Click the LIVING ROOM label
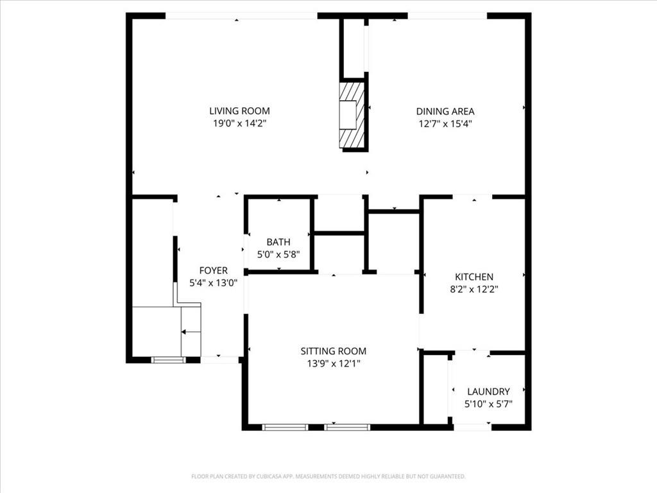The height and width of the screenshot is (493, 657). pyautogui.click(x=239, y=111)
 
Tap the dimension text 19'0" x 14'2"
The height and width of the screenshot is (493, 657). pyautogui.click(x=239, y=124)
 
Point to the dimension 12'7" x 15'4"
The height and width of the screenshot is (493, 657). pyautogui.click(x=445, y=124)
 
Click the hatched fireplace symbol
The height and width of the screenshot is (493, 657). pyautogui.click(x=352, y=115)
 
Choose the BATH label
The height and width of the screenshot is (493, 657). pyautogui.click(x=278, y=242)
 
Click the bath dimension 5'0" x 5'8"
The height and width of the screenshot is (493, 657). pyautogui.click(x=278, y=254)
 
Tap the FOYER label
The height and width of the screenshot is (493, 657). pyautogui.click(x=213, y=271)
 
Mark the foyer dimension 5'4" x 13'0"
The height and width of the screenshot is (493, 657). pyautogui.click(x=213, y=283)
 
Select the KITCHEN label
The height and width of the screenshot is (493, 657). pyautogui.click(x=474, y=277)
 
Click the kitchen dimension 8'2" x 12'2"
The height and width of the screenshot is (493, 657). pyautogui.click(x=474, y=289)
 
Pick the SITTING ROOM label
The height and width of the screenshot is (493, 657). pyautogui.click(x=334, y=351)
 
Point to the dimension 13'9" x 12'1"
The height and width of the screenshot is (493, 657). pyautogui.click(x=334, y=363)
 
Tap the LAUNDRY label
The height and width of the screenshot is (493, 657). pyautogui.click(x=488, y=392)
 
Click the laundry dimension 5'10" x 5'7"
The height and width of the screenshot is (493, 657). pyautogui.click(x=488, y=404)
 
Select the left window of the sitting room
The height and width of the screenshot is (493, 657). pyautogui.click(x=285, y=427)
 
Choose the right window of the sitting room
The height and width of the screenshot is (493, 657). pyautogui.click(x=347, y=427)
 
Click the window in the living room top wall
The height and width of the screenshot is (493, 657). pyautogui.click(x=241, y=15)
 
